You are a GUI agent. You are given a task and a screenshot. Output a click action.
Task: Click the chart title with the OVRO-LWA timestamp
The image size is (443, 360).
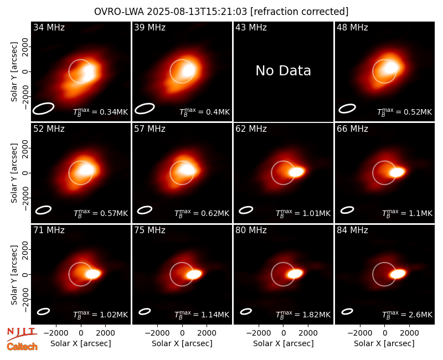221,12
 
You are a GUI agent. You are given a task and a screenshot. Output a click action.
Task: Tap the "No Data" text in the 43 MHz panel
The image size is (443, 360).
283,70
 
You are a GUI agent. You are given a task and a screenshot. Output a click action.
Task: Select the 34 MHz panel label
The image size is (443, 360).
49,27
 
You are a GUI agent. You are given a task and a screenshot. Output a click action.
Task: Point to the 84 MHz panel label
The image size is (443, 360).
352,230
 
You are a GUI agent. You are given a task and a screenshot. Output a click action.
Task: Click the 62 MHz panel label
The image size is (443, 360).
251,129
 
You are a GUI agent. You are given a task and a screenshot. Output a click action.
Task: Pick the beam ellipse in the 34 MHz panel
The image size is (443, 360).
43,109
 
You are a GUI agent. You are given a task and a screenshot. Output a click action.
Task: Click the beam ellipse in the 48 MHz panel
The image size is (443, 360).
347,109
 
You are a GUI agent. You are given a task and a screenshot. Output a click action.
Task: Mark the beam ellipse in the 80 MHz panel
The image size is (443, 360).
246,311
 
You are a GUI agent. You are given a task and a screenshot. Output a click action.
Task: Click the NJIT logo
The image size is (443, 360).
22,334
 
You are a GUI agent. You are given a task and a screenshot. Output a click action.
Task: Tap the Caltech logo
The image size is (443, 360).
22,347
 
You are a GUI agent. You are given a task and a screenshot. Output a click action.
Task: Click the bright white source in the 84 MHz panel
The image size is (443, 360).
398,274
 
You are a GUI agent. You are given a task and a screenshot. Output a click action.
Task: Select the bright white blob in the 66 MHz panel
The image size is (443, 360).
398,172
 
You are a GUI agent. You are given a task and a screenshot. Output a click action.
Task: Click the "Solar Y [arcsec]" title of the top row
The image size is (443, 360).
14,72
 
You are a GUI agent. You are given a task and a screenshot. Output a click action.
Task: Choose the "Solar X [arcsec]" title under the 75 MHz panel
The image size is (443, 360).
182,343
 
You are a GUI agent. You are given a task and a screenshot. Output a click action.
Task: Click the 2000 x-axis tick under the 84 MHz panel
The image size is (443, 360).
410,333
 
